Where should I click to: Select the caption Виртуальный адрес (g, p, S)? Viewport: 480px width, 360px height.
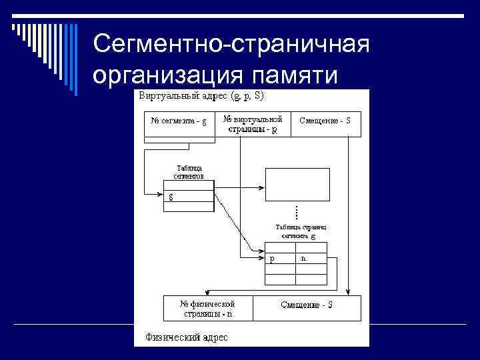click(x=201, y=96)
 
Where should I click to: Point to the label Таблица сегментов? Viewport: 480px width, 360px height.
click(x=189, y=172)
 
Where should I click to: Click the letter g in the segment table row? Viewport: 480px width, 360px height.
click(x=171, y=196)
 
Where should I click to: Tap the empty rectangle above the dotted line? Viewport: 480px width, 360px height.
click(x=297, y=183)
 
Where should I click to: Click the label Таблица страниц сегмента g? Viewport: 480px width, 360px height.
click(x=298, y=231)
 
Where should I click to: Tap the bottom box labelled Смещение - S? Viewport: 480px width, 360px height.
click(x=307, y=306)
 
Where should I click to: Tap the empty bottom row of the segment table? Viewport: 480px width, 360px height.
click(x=188, y=207)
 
